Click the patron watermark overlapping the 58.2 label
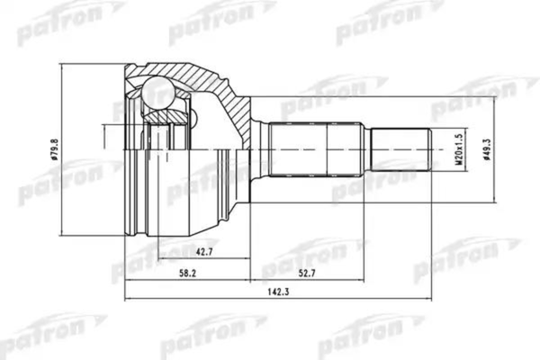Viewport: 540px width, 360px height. (144, 261)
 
